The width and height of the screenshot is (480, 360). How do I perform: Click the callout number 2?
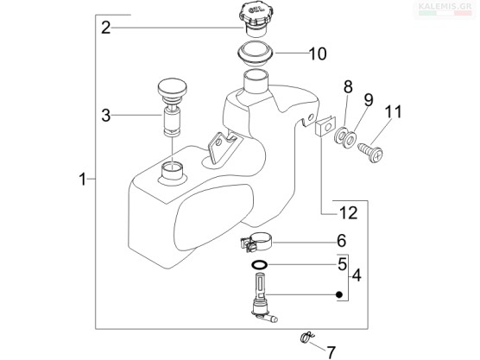pos(106,28)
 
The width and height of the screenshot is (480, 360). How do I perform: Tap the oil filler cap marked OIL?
pos(255,18)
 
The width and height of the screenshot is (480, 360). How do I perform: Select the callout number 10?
pos(318,54)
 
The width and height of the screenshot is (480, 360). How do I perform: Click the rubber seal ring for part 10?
pos(256,54)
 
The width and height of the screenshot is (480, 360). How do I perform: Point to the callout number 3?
pos(106,116)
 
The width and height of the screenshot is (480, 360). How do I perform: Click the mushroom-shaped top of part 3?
pos(172,86)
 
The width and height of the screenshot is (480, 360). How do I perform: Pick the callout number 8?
pos(348,87)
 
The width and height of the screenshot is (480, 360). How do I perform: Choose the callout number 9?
pos(369,100)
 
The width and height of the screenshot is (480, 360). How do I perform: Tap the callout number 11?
pos(393,111)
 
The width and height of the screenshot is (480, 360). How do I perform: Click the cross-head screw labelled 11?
pos(371,152)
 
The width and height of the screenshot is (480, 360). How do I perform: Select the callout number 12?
pos(349,212)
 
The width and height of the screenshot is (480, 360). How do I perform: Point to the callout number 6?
pos(342,241)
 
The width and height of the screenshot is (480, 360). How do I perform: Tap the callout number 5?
pos(342,264)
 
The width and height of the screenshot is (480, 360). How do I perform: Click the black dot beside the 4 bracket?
pos(338,294)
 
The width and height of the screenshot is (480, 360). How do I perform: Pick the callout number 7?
pos(332,352)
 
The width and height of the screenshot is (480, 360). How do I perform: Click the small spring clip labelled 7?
pos(306,337)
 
